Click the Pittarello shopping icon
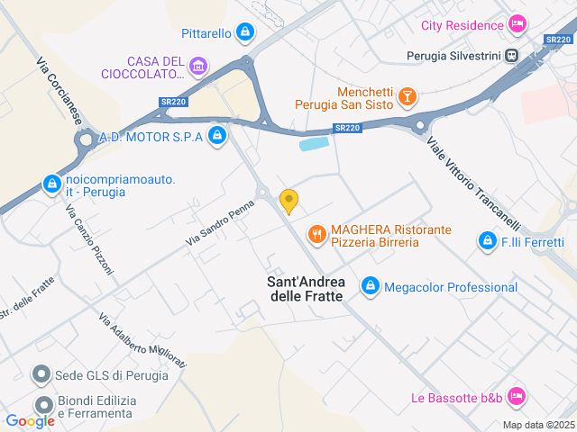[x=244, y=33]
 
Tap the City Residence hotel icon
[x=517, y=23]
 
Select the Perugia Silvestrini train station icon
[x=512, y=55]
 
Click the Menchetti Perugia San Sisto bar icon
[x=408, y=95]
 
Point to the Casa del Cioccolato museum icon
[x=198, y=65]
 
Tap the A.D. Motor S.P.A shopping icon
[x=216, y=136]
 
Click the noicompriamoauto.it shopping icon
[x=51, y=184]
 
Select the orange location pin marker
[x=288, y=200]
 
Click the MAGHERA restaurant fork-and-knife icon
[x=316, y=235]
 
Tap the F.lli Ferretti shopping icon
[x=487, y=241]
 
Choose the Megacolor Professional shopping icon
[x=370, y=286]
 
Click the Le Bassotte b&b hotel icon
[x=517, y=396]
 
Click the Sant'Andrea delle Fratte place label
[x=306, y=289]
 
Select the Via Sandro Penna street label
[x=219, y=224]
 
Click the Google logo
[x=30, y=420]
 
